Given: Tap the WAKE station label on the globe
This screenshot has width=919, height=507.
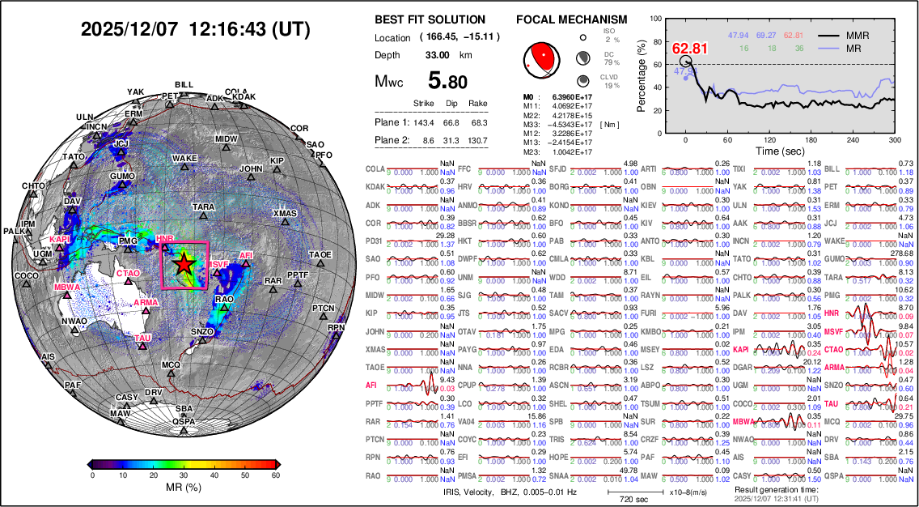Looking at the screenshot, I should (185, 158).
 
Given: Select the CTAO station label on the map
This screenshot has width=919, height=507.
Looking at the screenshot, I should (129, 274).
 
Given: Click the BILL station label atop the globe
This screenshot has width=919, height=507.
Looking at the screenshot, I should (184, 84).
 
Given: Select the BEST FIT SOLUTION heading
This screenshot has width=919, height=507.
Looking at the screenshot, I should (430, 19).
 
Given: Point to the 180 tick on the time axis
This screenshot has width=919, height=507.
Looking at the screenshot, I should (827, 139).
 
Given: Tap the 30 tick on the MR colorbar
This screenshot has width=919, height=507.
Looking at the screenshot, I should (185, 475).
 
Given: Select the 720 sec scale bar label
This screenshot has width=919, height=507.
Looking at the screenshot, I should (621, 500).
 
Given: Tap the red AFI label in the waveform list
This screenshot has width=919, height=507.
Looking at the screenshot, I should (372, 386).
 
